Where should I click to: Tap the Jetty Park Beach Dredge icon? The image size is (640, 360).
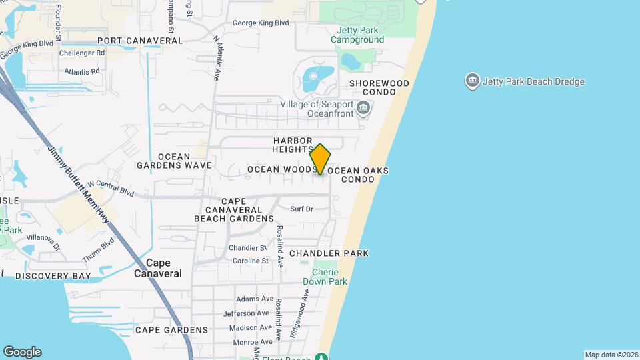(472, 81)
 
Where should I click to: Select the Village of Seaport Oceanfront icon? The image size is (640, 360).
(363, 108)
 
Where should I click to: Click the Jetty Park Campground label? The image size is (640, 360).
(358, 35)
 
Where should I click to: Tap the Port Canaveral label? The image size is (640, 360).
(139, 41)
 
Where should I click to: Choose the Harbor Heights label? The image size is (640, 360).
(293, 145)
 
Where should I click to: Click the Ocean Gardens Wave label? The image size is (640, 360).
(174, 161)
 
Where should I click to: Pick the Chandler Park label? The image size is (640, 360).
(329, 254)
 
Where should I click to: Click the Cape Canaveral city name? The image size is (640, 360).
(158, 268)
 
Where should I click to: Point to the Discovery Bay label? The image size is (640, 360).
(53, 276)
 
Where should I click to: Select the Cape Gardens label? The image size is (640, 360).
(171, 330)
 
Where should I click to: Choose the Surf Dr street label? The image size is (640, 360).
(301, 209)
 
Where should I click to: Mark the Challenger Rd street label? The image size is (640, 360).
(82, 53)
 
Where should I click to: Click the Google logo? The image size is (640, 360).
(22, 352)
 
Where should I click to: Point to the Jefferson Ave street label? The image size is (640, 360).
(246, 313)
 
